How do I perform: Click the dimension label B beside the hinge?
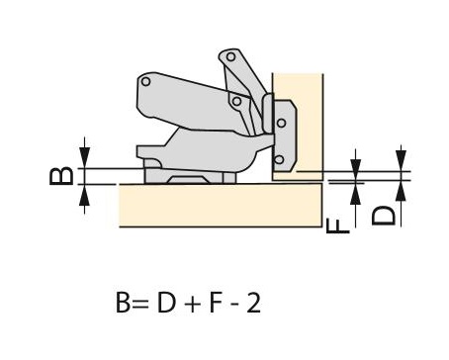[x=61, y=176]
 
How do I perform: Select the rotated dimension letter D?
[x=383, y=216]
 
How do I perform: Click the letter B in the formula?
[x=124, y=303]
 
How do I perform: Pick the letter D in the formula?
[x=166, y=303]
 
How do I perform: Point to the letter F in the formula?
[x=215, y=303]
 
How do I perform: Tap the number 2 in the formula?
[x=253, y=303]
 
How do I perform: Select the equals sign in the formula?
[x=140, y=304]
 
